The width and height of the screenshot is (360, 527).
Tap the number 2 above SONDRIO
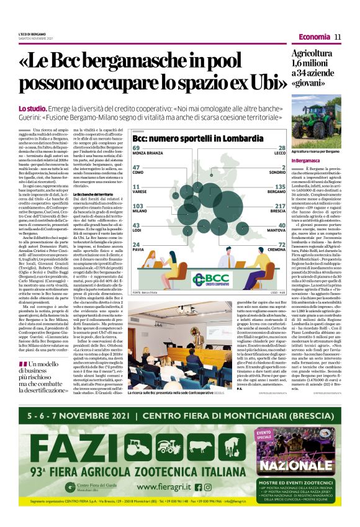282,167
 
